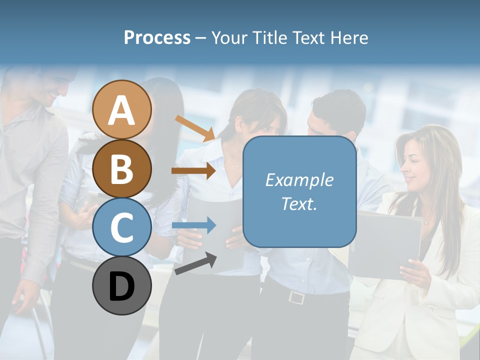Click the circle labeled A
point(122,109)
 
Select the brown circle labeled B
point(122,168)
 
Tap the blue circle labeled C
point(122,227)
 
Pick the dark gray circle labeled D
point(122,285)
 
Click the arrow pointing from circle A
point(195,127)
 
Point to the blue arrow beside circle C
point(193,225)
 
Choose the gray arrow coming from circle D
point(195,263)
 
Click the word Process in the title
point(157,38)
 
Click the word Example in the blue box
point(299,180)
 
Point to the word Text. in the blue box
point(299,204)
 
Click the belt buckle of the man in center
point(296,297)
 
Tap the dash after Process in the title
point(200,38)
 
